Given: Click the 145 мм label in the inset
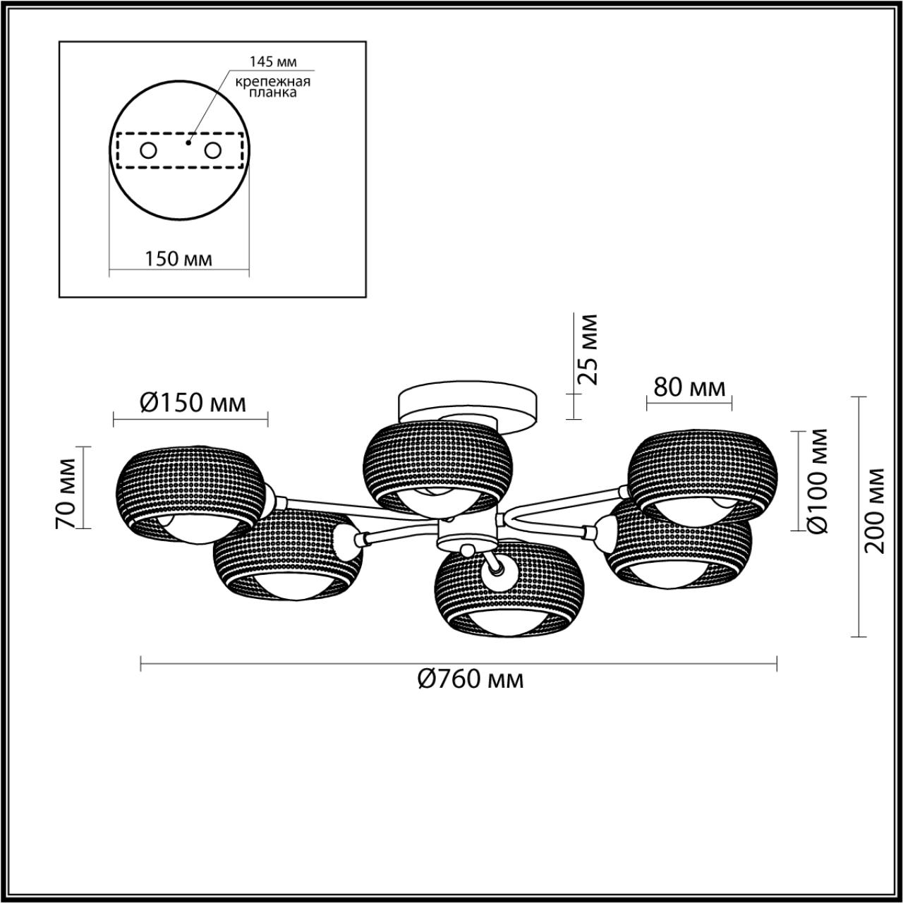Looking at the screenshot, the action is [273, 61].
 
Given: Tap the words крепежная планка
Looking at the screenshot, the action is [273, 87].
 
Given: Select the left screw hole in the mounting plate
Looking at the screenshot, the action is [149, 151].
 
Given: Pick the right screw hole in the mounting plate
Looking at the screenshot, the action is [213, 151].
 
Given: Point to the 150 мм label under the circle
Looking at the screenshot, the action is [178, 259].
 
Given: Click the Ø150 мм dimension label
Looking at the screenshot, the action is [193, 403].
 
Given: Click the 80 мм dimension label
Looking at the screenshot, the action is [689, 387].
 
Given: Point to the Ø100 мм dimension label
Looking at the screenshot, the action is [818, 480].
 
